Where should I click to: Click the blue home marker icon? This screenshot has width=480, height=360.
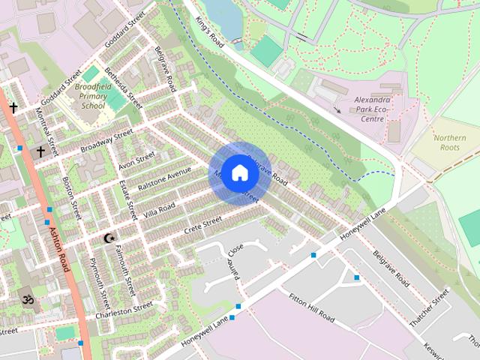[x=238, y=172]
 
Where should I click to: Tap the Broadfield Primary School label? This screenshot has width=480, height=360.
[x=92, y=96]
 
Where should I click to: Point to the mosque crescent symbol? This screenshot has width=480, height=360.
[x=109, y=238]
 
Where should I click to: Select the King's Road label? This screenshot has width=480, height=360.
[x=210, y=33]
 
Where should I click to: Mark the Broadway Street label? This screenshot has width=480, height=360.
[x=106, y=139]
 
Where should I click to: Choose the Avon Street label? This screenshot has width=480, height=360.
[x=136, y=159]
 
